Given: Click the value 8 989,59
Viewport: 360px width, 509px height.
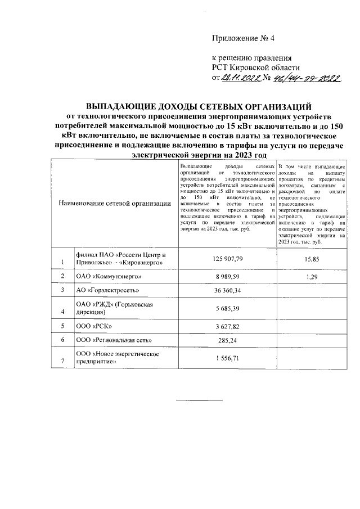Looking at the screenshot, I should (227, 277).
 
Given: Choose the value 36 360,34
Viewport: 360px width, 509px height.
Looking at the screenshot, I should (227, 291).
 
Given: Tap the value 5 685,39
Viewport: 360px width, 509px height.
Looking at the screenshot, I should (227, 308).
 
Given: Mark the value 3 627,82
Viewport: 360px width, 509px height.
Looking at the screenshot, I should (227, 327).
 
